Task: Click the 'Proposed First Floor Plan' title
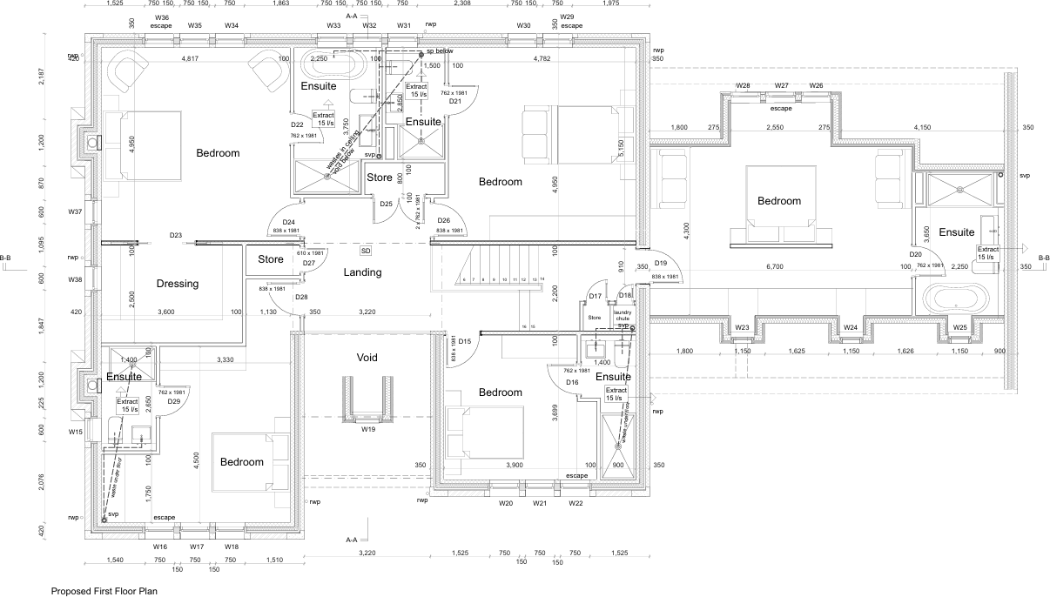coord(104,590)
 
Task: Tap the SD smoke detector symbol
coord(366,251)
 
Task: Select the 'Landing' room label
coord(362,272)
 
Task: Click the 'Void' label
coord(367,358)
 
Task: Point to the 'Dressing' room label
coord(178,284)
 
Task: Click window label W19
coord(368,430)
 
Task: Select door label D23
coord(176,235)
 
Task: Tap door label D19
coord(661,263)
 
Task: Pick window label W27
coord(781,85)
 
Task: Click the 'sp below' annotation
coord(440,51)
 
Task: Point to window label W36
coord(161,17)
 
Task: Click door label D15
coord(465,341)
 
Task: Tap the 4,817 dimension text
coord(190,59)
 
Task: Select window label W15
coord(76,432)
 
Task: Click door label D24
coord(288,222)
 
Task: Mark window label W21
coord(540,503)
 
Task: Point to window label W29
coord(567,17)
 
